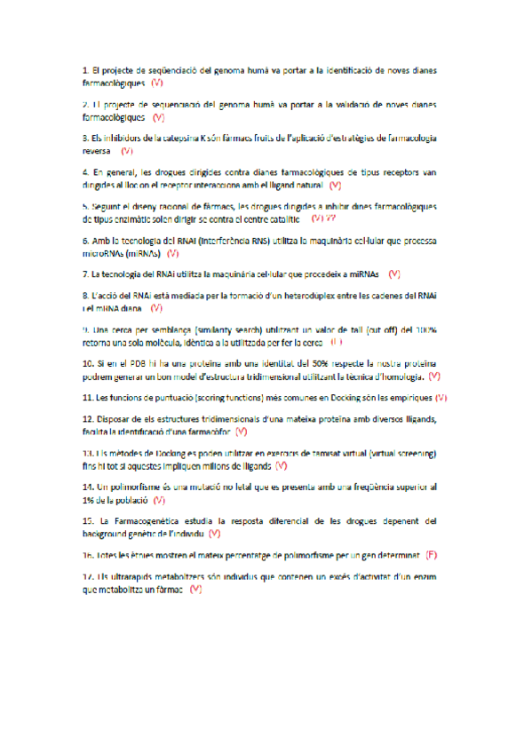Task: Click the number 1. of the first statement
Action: click(84, 69)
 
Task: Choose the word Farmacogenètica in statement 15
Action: click(141, 520)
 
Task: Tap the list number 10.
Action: click(88, 363)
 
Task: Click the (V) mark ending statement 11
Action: click(441, 398)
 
